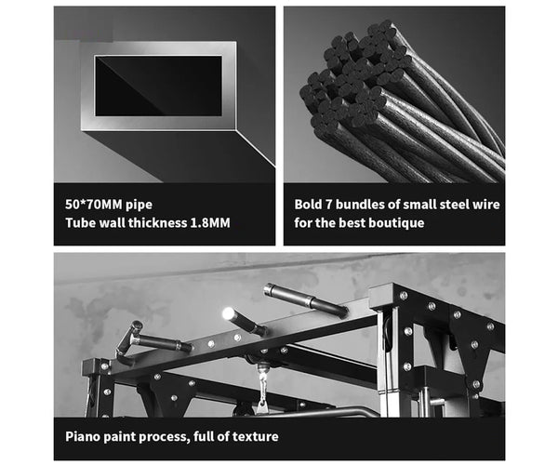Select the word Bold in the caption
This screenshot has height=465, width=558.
click(x=311, y=203)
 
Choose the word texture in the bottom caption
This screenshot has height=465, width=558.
click(x=253, y=435)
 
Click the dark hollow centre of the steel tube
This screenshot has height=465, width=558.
click(x=158, y=86)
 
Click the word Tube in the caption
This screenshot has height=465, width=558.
click(x=80, y=223)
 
